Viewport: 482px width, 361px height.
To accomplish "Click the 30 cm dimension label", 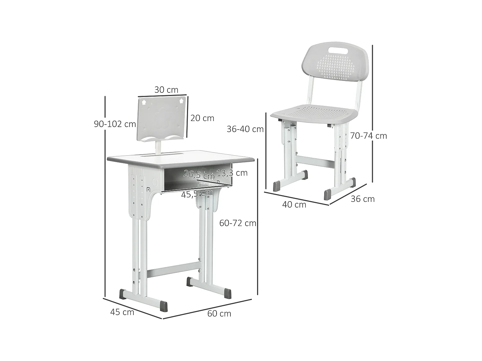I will coord(166,90).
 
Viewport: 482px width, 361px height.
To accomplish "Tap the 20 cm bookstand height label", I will coord(202,118).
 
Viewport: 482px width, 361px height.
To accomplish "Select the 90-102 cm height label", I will coord(115,124).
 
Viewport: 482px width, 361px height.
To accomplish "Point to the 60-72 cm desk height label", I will coord(237,223).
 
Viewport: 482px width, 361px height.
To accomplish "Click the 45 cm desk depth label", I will coord(122,312).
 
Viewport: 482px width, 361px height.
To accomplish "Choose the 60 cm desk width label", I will coord(219,314).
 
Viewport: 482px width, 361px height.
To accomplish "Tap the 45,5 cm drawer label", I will coord(197,193).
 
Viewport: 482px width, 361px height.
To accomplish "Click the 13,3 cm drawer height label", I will coord(232,173).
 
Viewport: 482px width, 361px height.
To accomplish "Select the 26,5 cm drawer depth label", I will coord(199,175).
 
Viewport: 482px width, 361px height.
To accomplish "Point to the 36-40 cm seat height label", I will coord(245,129).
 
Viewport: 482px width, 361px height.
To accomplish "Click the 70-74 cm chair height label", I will coord(368,136).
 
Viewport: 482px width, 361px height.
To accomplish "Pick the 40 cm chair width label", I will coord(294,204).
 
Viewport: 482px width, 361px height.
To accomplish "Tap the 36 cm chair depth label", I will coord(362,199).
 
